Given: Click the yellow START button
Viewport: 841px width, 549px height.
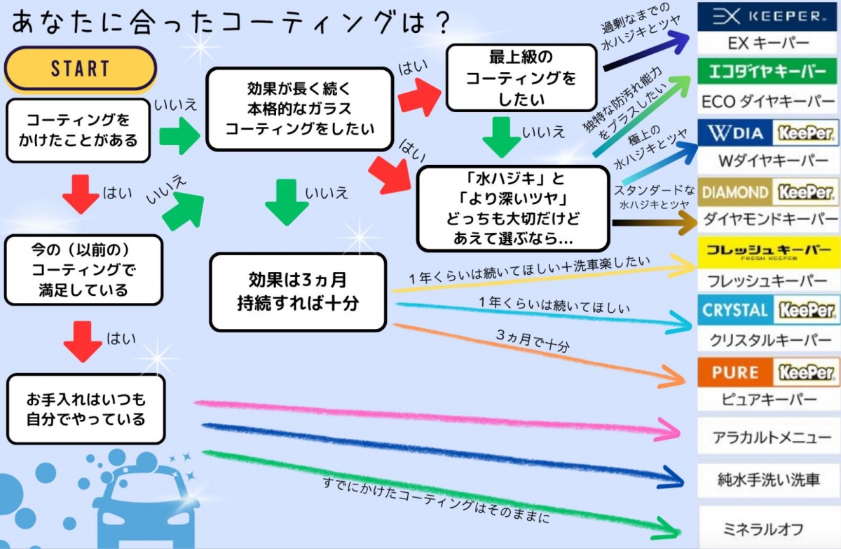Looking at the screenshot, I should click(x=80, y=69).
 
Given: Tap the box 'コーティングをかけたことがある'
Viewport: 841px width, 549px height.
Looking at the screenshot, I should click(x=78, y=130).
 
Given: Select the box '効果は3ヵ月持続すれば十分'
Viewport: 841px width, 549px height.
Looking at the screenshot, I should click(x=298, y=292).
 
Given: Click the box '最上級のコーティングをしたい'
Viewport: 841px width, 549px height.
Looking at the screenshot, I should click(x=521, y=79).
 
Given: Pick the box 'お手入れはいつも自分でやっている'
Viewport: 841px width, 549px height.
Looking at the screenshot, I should click(x=86, y=409).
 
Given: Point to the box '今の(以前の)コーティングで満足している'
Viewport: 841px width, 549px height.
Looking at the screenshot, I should click(x=83, y=269).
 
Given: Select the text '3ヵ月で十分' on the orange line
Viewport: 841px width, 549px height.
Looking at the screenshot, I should click(x=533, y=342).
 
